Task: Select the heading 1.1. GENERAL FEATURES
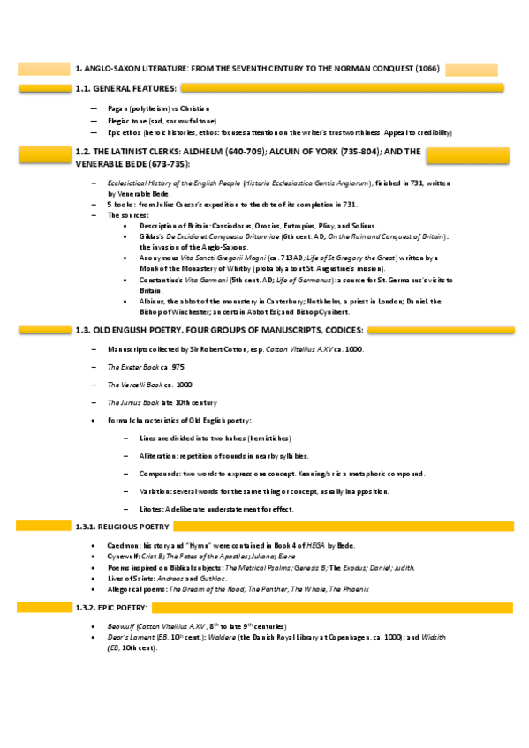pos(126,88)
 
